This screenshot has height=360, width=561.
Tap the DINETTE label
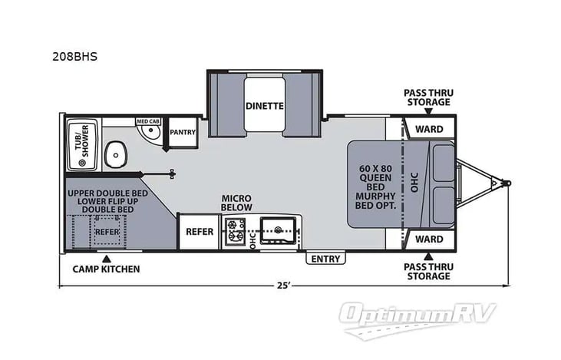[265, 106]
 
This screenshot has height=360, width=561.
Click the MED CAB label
[147, 121]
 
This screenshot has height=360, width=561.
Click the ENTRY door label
[325, 259]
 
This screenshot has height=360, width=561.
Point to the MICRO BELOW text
[237, 203]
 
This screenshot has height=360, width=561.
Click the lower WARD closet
[428, 239]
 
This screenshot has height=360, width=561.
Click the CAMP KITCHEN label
[107, 269]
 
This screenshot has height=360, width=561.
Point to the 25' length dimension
[283, 286]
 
